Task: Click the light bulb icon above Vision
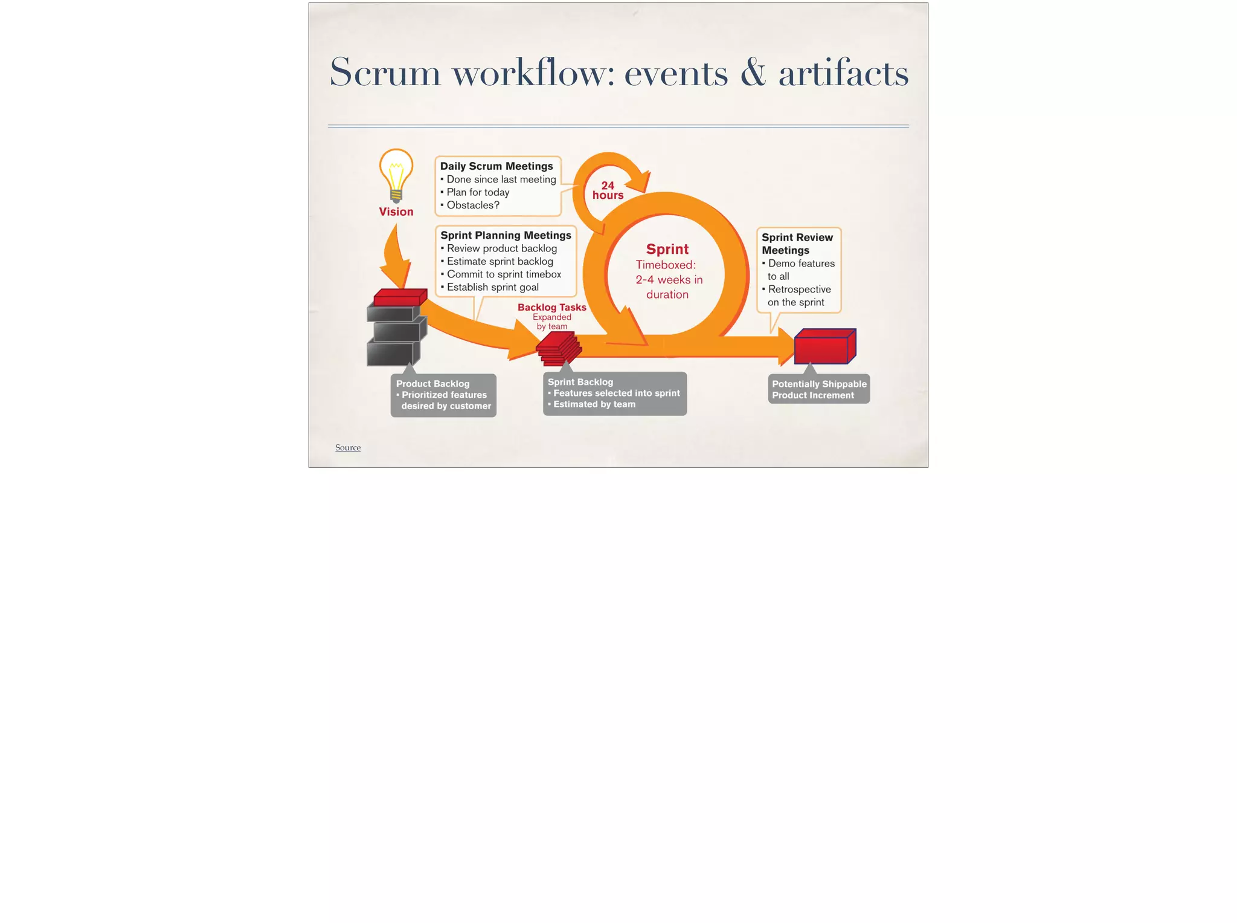click(x=396, y=173)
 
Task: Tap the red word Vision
click(x=396, y=212)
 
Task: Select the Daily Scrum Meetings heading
click(x=496, y=166)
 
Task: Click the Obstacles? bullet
click(x=473, y=206)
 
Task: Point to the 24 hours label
click(x=608, y=190)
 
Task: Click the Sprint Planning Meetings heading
click(x=506, y=235)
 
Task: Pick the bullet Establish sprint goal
click(x=492, y=287)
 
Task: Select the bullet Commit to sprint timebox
click(x=504, y=274)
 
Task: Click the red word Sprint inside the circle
click(x=667, y=249)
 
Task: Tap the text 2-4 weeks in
click(x=669, y=280)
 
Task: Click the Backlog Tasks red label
click(x=551, y=307)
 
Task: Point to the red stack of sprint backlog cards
click(x=559, y=350)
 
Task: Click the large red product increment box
click(x=824, y=347)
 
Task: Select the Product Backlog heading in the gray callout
click(x=432, y=384)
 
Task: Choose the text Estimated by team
click(x=594, y=404)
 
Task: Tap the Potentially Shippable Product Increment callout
click(x=819, y=389)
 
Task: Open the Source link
click(x=348, y=447)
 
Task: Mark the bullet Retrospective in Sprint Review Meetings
click(x=799, y=290)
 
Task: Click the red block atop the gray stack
click(x=400, y=298)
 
